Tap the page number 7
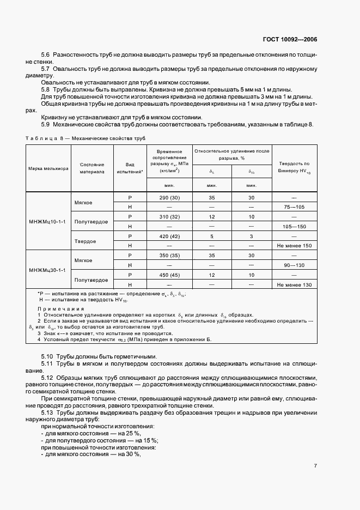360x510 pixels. click(x=316, y=466)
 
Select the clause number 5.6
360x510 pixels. click(x=46, y=56)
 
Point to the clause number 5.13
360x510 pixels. click(x=47, y=413)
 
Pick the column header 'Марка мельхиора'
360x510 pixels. click(x=48, y=168)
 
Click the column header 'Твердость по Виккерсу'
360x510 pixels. click(x=294, y=166)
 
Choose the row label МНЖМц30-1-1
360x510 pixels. click(x=48, y=270)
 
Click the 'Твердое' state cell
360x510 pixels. click(x=87, y=241)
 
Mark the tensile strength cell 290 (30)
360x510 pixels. click(x=169, y=197)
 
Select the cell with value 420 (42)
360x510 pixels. click(x=169, y=236)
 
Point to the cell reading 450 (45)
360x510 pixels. click(x=169, y=275)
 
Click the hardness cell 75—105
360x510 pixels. click(x=294, y=207)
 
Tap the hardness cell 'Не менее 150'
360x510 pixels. click(x=294, y=246)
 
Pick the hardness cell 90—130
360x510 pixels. click(x=294, y=265)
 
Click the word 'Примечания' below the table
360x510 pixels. click(x=56, y=308)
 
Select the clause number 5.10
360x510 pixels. click(x=47, y=356)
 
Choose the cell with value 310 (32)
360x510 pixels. click(x=169, y=217)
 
